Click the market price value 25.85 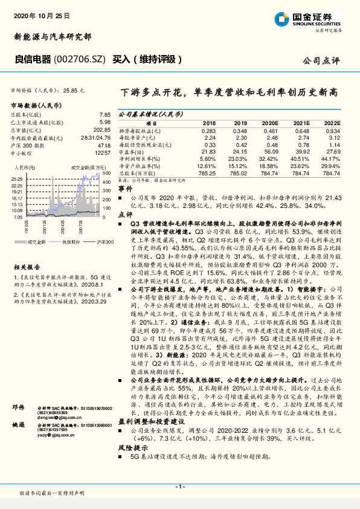point(72,90)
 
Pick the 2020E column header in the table point(271,123)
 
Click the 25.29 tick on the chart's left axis point(16,179)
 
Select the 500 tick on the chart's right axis point(106,173)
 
